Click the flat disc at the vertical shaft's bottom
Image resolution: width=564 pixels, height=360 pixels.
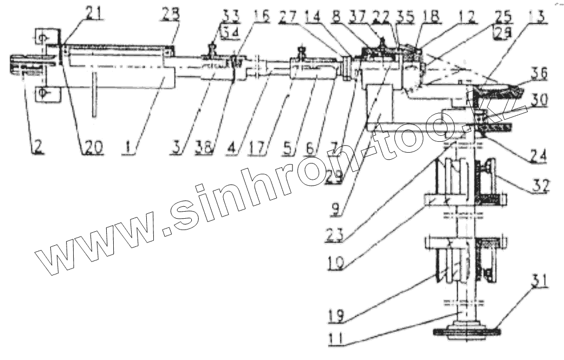466,331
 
